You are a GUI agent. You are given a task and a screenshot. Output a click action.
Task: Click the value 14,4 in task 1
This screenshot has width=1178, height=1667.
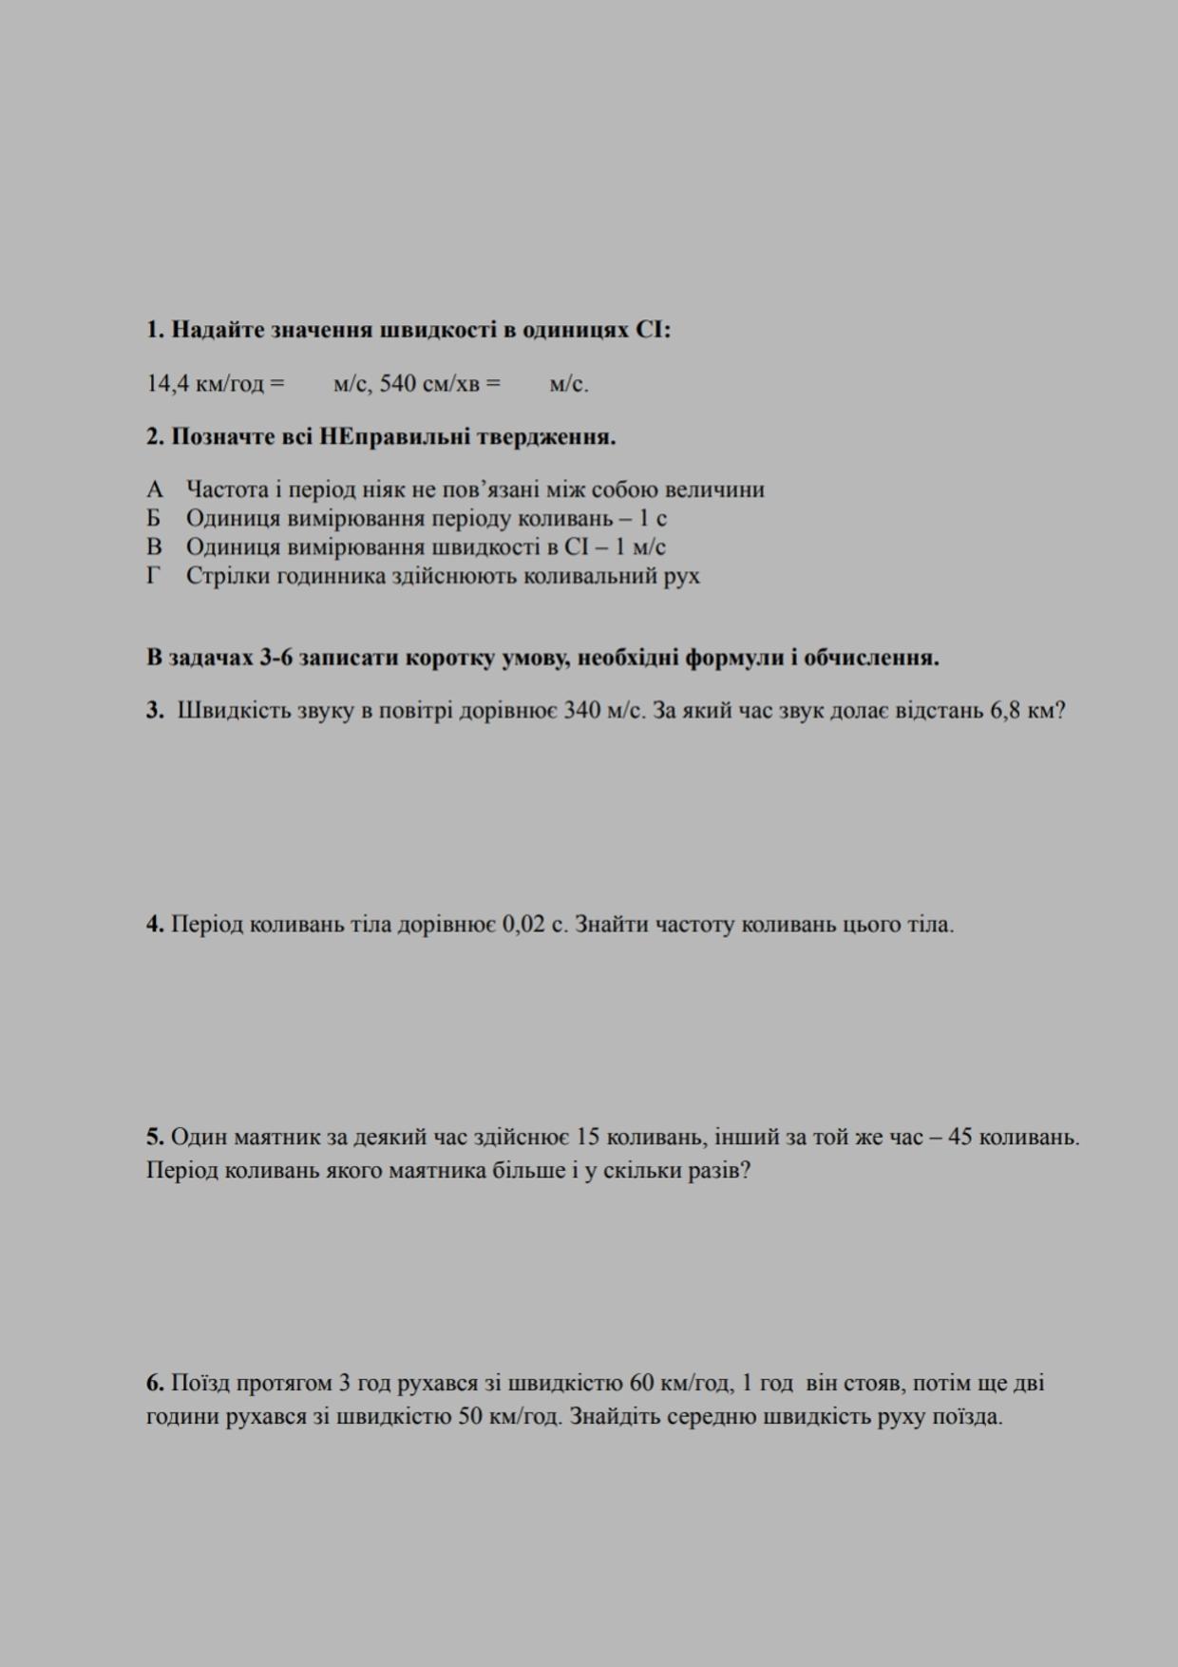pyautogui.click(x=166, y=384)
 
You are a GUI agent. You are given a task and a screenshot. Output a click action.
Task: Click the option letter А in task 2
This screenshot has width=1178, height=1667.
pyautogui.click(x=155, y=489)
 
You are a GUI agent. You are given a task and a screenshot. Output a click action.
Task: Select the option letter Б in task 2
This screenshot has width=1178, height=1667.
pyautogui.click(x=154, y=518)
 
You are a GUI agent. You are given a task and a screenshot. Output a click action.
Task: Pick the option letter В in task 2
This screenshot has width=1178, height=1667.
pyautogui.click(x=154, y=546)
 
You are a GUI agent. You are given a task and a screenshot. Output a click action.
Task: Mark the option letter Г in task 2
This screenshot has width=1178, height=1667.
pyautogui.click(x=153, y=576)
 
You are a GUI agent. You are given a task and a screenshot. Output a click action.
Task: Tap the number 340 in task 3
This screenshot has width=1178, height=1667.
pyautogui.click(x=581, y=711)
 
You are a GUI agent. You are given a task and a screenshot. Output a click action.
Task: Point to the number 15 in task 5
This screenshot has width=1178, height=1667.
pyautogui.click(x=587, y=1137)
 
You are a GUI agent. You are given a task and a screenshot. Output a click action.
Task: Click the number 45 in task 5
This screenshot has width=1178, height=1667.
pyautogui.click(x=959, y=1137)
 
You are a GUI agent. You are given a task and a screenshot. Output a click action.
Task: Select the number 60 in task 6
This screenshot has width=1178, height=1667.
pyautogui.click(x=642, y=1383)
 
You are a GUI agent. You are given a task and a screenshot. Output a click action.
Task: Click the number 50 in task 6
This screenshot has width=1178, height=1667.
pyautogui.click(x=471, y=1417)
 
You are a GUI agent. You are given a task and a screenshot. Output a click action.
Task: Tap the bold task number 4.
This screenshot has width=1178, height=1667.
pyautogui.click(x=155, y=924)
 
